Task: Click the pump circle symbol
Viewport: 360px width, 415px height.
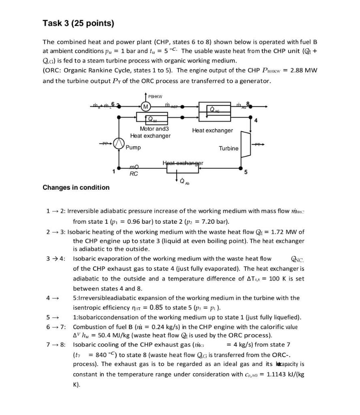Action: (x=118, y=143)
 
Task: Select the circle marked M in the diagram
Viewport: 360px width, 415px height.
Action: (x=146, y=107)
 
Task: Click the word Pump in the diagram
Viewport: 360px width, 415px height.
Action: (x=133, y=148)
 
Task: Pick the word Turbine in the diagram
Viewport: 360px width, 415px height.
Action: (x=229, y=148)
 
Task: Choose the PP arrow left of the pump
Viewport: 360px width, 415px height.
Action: (x=105, y=143)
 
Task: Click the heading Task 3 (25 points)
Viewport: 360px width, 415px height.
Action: (x=78, y=24)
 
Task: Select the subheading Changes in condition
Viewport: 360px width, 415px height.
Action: (x=76, y=187)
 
